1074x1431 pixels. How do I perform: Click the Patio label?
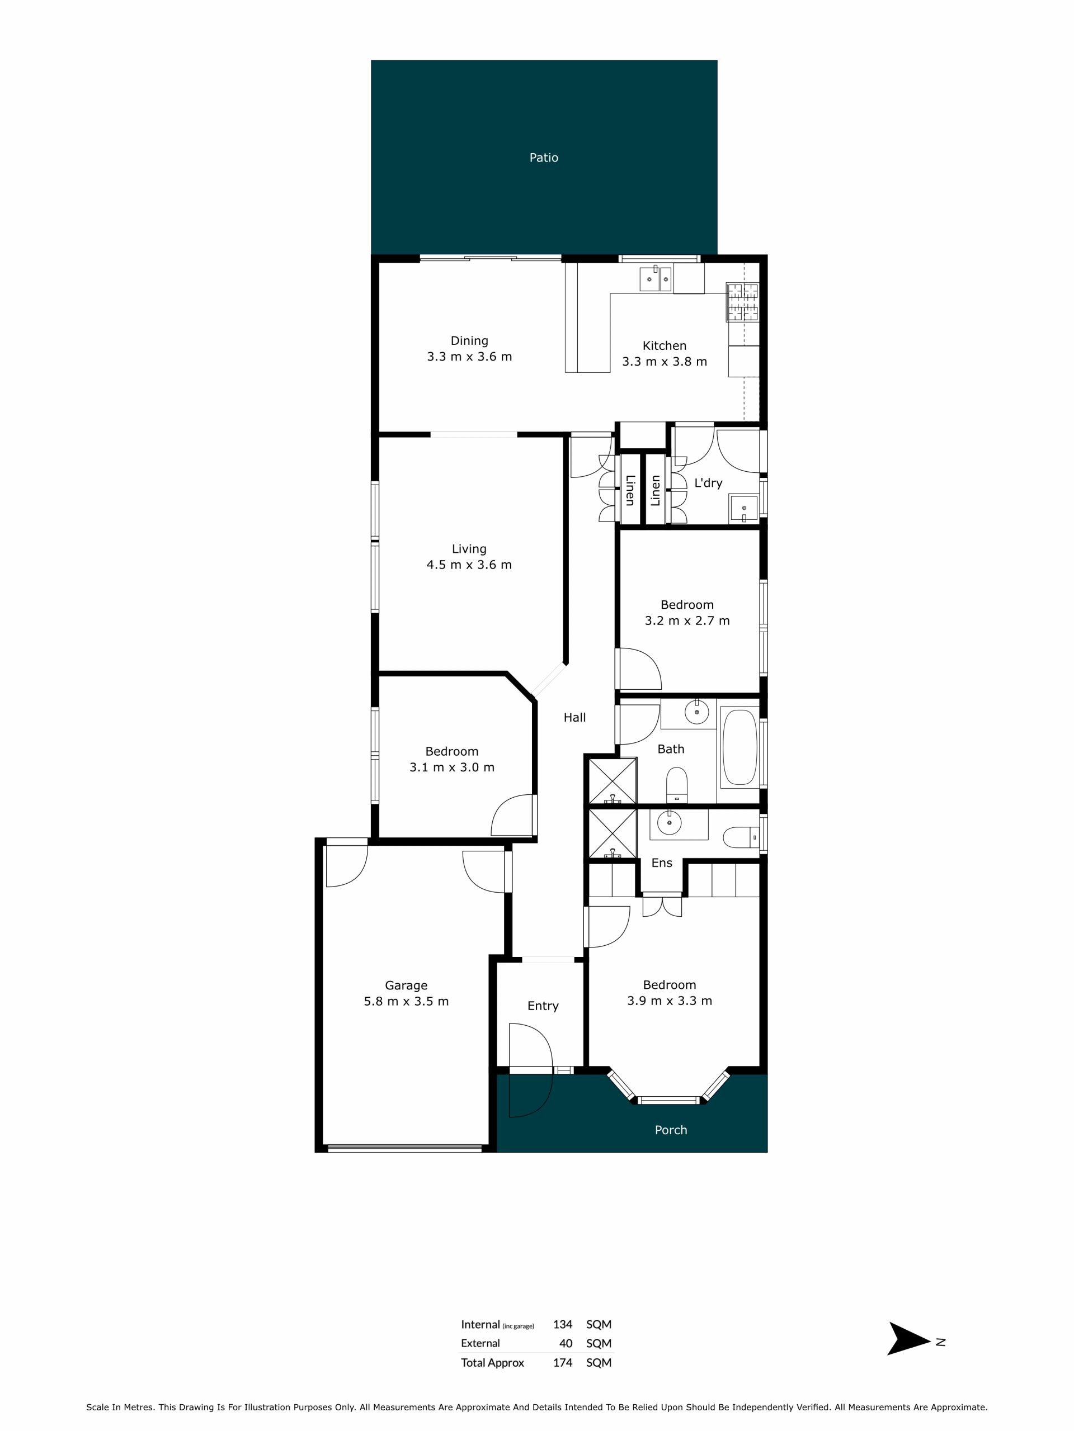tap(543, 157)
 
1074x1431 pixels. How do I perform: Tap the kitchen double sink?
tap(656, 279)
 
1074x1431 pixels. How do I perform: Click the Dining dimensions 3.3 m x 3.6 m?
tap(469, 357)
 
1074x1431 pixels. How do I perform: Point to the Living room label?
tap(469, 548)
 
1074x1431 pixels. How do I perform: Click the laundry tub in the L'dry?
tap(745, 507)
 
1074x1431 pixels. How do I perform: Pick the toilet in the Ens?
tap(740, 837)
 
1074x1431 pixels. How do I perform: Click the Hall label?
tap(574, 717)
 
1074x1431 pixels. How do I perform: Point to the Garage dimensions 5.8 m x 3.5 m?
tap(406, 1001)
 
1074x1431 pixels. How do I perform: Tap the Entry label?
tap(543, 1005)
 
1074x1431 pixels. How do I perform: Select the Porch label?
tap(671, 1130)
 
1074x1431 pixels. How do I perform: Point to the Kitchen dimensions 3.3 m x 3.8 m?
tap(664, 362)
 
